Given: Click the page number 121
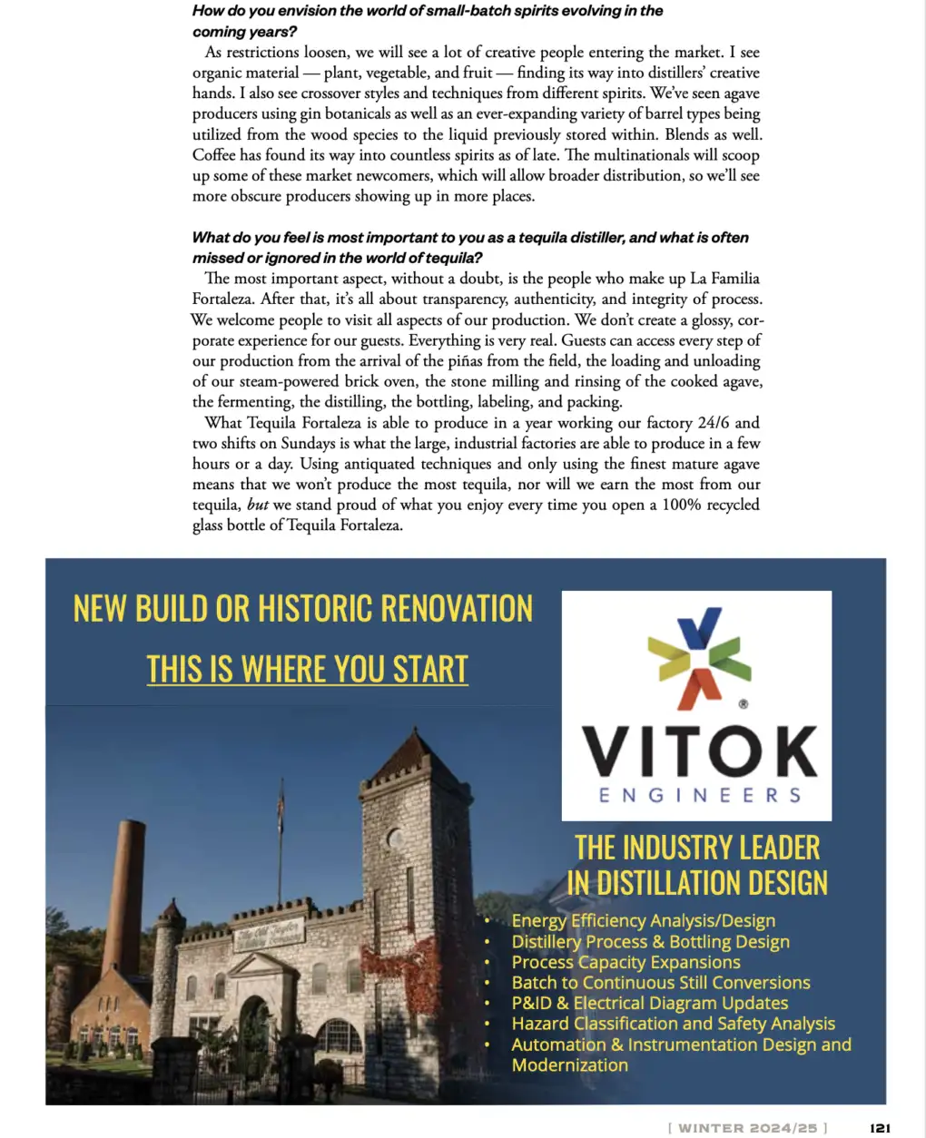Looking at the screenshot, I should tap(880, 1128).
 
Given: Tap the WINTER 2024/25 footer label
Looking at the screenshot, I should tap(748, 1128).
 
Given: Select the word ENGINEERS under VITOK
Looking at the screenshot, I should tap(699, 796).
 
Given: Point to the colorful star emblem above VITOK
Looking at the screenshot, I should tap(699, 657).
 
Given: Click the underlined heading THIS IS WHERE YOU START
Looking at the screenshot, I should tap(307, 670).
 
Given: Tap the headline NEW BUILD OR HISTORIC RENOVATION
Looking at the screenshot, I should tap(303, 609).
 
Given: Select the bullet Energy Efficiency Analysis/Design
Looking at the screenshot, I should tap(643, 921).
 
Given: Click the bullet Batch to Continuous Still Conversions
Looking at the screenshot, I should tap(660, 983).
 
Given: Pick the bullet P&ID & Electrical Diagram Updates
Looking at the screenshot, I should tap(649, 1003).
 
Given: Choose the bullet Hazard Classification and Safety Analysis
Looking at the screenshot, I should tap(673, 1024).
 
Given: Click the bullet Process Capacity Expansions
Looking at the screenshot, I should tap(626, 962).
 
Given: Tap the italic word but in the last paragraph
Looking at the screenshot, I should tap(258, 505).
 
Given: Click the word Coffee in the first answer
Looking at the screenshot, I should tap(214, 155).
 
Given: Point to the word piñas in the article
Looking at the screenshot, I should tap(465, 361).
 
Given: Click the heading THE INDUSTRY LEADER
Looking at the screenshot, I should tap(697, 848).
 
